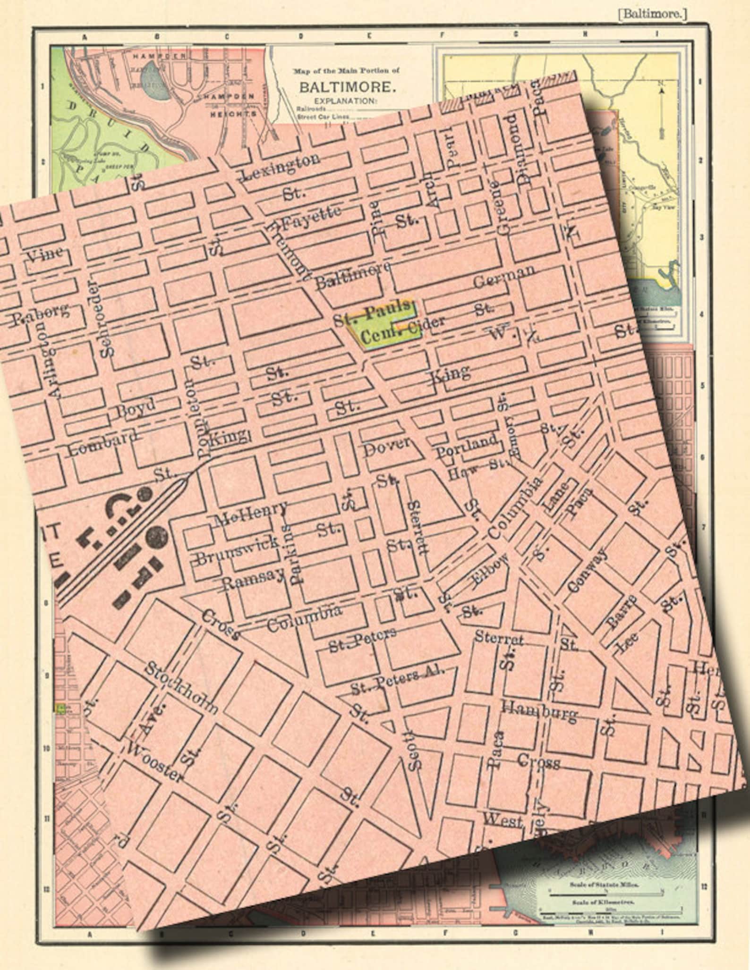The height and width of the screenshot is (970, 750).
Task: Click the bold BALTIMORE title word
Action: tap(346, 87)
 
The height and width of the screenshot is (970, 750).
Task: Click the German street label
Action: tap(504, 277)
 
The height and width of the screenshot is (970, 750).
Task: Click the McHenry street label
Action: tap(250, 515)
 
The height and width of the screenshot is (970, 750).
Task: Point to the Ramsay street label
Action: tap(247, 578)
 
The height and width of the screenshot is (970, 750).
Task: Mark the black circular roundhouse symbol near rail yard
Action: tap(156, 536)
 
